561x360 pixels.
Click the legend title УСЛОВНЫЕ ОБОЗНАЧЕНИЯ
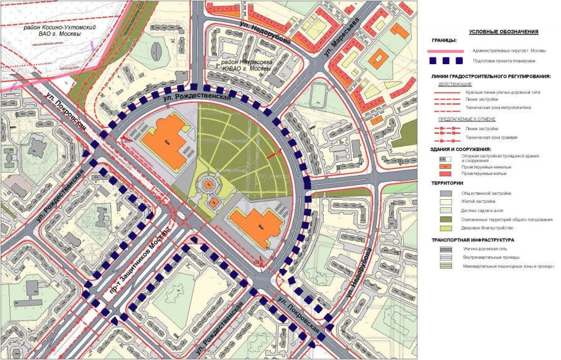point(503,31)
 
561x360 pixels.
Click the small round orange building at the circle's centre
point(210,184)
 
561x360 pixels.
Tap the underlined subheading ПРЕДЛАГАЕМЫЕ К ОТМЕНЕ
point(464,118)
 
